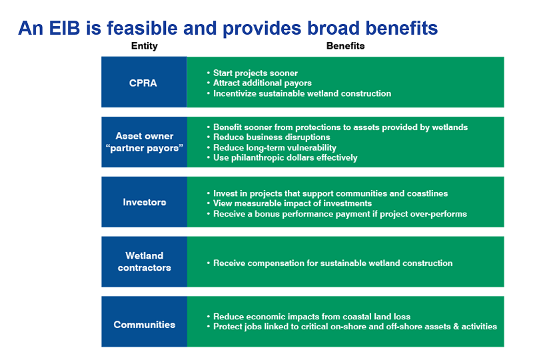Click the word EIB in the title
(x=65, y=28)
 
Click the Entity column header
(x=145, y=46)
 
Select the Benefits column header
(x=345, y=46)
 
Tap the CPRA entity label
(x=143, y=83)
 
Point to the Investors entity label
(x=145, y=202)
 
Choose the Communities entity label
(x=145, y=325)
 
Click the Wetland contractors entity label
(x=145, y=261)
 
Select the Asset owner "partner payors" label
(x=145, y=142)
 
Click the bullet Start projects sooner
(x=255, y=73)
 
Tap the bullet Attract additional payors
(x=262, y=83)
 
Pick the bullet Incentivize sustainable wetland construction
(x=302, y=93)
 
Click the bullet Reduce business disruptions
(x=271, y=137)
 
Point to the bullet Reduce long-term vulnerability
(x=274, y=148)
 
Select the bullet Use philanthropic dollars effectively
(x=285, y=157)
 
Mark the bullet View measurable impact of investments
(x=292, y=203)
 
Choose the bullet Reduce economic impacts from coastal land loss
(x=312, y=317)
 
